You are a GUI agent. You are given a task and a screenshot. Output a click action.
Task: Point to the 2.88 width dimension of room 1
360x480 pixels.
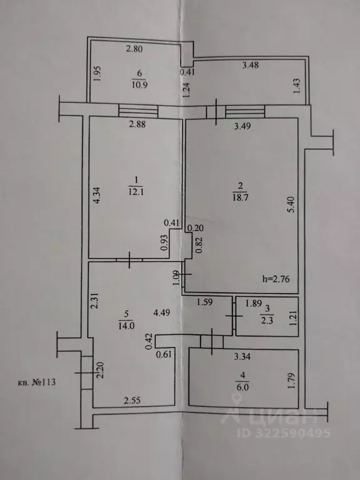click(x=137, y=124)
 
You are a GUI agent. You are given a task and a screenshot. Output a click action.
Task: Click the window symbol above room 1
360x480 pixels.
click(x=138, y=110)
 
